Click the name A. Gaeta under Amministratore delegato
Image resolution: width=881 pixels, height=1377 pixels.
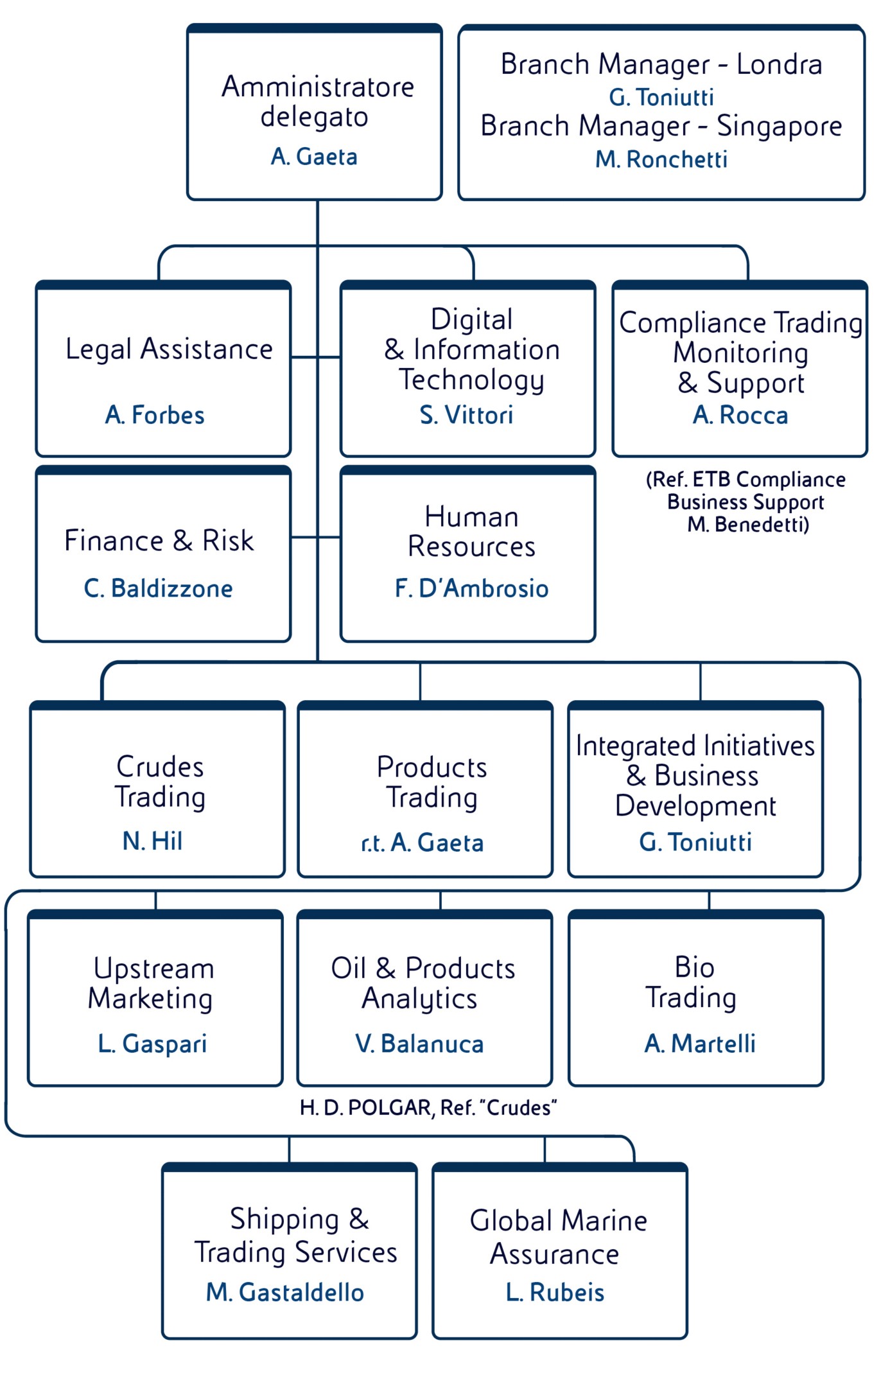[x=314, y=157]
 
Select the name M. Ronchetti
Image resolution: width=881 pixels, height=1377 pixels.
[x=661, y=159]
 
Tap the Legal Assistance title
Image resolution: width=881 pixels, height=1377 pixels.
[x=170, y=349]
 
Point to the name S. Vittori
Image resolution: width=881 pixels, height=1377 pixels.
[x=467, y=415]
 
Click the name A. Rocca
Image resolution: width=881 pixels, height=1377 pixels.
[x=740, y=415]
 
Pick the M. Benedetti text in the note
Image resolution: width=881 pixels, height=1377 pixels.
[x=747, y=525]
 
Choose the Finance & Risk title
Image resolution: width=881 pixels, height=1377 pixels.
[x=159, y=541]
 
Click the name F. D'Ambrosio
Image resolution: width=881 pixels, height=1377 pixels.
[x=472, y=588]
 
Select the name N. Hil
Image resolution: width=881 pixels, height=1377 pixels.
[x=153, y=841]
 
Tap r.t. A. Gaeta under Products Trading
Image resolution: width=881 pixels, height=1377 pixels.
[x=423, y=843]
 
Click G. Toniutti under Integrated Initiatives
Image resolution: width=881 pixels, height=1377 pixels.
[x=695, y=842]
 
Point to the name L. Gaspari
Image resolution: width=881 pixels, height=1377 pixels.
[x=153, y=1044]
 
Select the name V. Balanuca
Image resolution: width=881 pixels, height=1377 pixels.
[x=420, y=1044]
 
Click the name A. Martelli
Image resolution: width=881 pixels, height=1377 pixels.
[x=700, y=1044]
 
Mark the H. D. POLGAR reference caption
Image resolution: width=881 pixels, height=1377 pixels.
[x=428, y=1108]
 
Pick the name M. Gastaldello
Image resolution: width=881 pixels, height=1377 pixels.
[x=285, y=1292]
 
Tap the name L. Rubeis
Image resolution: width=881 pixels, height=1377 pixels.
[x=555, y=1292]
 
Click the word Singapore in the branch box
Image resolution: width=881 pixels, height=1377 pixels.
[x=779, y=127]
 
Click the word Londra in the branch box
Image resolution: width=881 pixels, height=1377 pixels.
[x=779, y=65]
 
